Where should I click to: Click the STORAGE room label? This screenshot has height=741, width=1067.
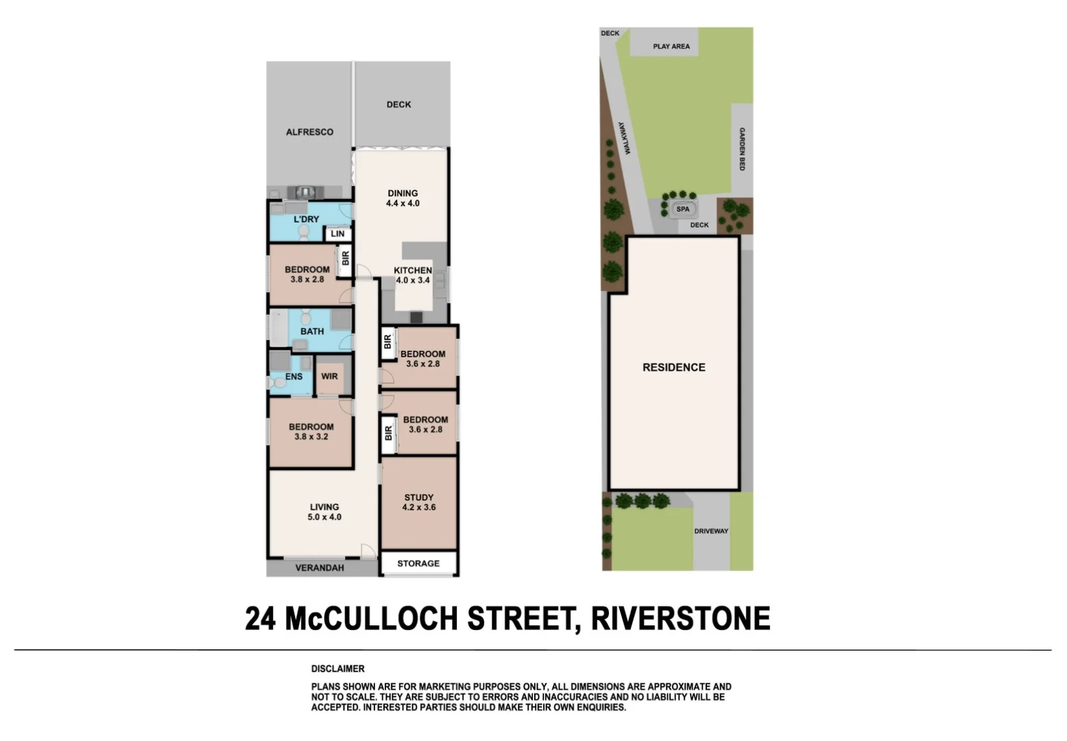click(418, 563)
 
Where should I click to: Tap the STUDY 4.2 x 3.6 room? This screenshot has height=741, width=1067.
click(418, 502)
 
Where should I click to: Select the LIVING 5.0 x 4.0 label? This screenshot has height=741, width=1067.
click(324, 512)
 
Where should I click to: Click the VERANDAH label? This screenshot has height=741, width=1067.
click(320, 568)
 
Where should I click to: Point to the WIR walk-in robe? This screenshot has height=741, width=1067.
click(330, 376)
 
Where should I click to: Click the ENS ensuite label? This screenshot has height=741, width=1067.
click(293, 377)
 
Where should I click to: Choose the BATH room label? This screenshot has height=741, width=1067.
click(312, 331)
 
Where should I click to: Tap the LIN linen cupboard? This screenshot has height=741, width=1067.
click(337, 234)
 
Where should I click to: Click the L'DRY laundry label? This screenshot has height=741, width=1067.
click(307, 220)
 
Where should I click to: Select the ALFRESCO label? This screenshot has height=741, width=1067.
click(309, 132)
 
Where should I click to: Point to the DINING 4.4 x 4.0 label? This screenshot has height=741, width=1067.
click(403, 198)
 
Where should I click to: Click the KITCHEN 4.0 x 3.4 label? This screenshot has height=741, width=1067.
click(413, 275)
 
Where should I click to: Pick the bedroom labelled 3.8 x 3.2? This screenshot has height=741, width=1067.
click(311, 432)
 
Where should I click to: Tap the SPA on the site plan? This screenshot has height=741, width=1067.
click(683, 209)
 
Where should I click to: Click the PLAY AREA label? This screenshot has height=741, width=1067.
click(671, 47)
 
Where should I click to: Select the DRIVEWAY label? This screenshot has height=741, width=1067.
click(711, 531)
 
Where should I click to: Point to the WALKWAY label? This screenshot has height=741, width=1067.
click(623, 139)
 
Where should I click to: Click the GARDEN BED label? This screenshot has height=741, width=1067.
click(742, 149)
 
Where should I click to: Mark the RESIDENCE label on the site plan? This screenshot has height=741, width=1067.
click(673, 368)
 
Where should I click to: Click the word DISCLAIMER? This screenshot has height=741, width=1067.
click(338, 669)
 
